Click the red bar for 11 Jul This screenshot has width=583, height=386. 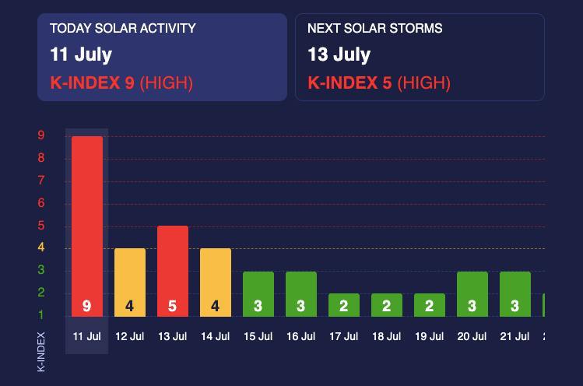(86, 226)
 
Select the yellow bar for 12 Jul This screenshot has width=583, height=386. (129, 282)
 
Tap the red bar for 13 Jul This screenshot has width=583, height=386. (173, 271)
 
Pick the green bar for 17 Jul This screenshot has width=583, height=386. (344, 304)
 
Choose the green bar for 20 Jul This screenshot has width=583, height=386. (472, 293)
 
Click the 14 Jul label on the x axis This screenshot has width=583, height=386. (216, 337)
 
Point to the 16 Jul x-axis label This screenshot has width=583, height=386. (301, 337)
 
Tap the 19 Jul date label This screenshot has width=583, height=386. (430, 337)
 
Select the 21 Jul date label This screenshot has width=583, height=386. (515, 337)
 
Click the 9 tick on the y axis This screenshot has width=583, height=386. (41, 135)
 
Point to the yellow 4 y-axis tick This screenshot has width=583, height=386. (41, 248)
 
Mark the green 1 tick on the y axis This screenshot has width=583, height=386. (41, 315)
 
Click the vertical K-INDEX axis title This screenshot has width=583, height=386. (42, 352)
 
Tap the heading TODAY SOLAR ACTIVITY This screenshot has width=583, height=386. (123, 29)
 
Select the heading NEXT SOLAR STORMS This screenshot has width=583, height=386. (375, 29)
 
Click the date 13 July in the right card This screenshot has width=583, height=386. (339, 54)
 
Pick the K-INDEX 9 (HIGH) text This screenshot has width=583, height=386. (121, 82)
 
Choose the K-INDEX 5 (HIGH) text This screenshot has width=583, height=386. (379, 82)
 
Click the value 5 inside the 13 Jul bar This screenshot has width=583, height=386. (173, 307)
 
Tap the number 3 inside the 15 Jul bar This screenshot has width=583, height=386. (258, 307)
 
